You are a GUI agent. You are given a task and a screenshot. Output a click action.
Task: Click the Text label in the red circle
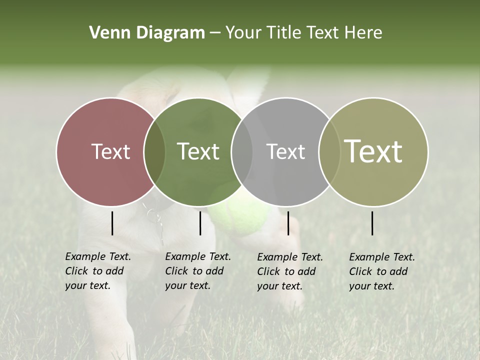[x=110, y=151]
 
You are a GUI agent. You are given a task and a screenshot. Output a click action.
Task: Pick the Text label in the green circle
[x=198, y=151]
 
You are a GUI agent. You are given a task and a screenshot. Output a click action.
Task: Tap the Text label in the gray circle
[x=285, y=151]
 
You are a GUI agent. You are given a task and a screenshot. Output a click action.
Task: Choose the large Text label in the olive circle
[x=373, y=151]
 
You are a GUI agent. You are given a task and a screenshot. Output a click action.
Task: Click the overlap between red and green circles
[x=154, y=151]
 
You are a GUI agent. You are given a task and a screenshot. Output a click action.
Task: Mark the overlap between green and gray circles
[x=242, y=151]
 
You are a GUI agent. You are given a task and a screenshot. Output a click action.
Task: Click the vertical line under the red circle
[x=112, y=223]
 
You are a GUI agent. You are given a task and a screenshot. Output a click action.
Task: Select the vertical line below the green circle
[x=200, y=223]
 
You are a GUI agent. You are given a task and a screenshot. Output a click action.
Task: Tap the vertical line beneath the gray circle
[x=288, y=223]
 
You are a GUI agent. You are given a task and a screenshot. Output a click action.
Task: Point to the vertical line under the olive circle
[x=372, y=223]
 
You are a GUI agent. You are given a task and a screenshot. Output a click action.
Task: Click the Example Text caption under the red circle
[x=98, y=271]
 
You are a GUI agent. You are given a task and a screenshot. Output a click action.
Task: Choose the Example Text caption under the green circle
[x=198, y=271]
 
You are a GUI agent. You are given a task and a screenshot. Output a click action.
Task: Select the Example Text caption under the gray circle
[x=290, y=271]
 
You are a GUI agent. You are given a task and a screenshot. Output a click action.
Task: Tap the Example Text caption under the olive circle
[x=382, y=271]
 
